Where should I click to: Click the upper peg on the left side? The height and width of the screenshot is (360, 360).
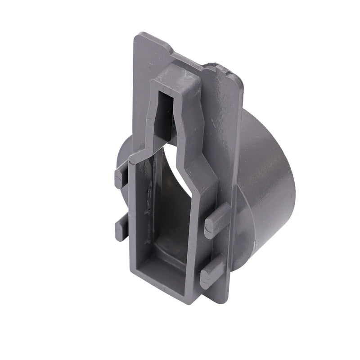(x=121, y=177)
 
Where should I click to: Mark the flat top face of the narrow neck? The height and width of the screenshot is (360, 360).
(x=175, y=81)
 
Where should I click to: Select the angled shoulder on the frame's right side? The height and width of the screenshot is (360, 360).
(x=198, y=162)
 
